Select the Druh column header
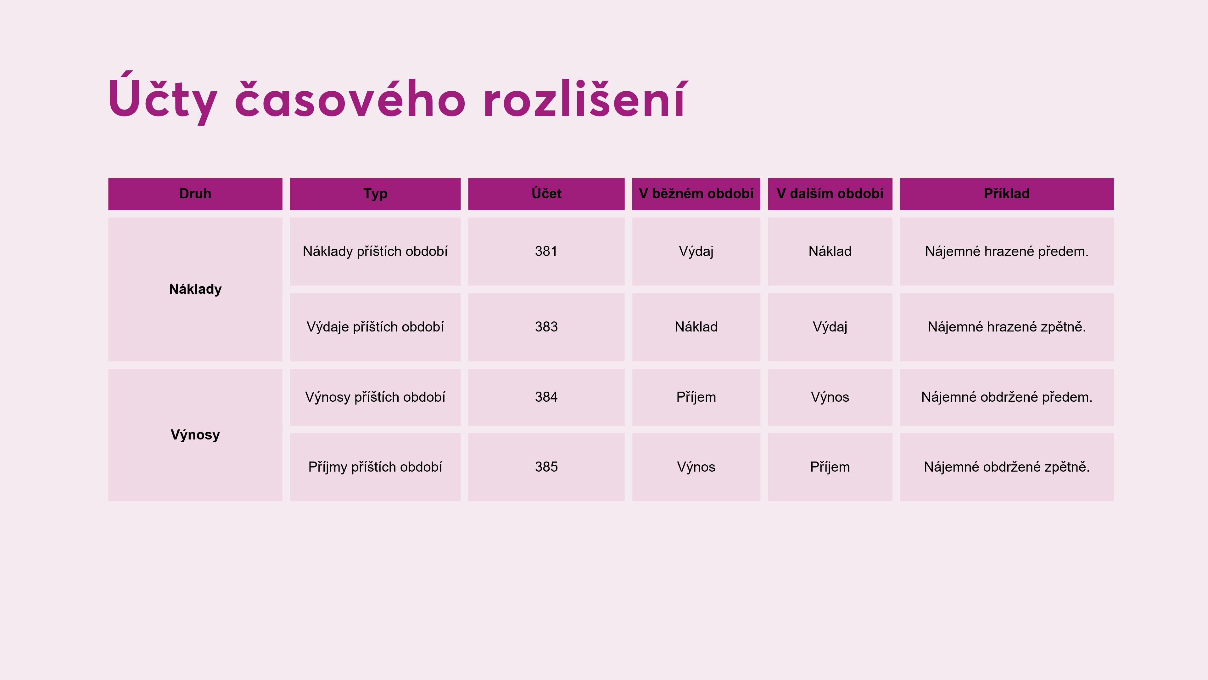tap(195, 194)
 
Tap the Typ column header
tap(375, 194)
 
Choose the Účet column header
tap(546, 193)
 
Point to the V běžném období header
tap(696, 194)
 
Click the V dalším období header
tap(830, 194)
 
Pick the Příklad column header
tap(1006, 193)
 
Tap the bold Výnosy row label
tap(195, 435)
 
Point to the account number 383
tap(546, 327)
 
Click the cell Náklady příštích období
tap(375, 252)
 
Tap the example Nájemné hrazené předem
tap(1006, 252)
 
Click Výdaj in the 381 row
tap(696, 252)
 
